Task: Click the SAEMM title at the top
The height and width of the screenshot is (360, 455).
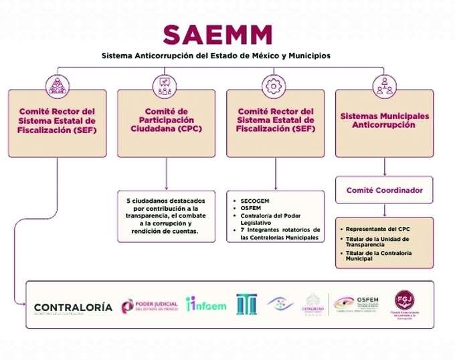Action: point(218,33)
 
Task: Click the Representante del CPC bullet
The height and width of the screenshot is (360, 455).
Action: point(377,229)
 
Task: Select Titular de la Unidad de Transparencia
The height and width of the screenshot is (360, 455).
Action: point(379,242)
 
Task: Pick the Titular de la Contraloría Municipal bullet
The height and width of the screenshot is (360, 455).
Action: point(379,256)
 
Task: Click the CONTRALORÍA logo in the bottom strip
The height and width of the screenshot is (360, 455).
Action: point(73,308)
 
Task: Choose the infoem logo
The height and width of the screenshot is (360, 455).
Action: point(206,305)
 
